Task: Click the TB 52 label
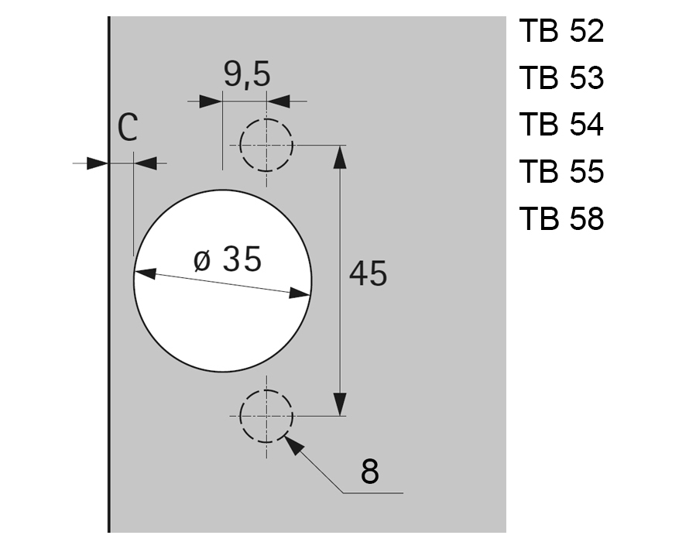click(561, 33)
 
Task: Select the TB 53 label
click(561, 79)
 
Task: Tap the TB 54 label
click(561, 125)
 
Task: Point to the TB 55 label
click(561, 171)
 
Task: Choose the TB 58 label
click(561, 218)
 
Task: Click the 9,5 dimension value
click(247, 75)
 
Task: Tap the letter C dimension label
click(129, 128)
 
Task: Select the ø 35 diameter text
click(228, 259)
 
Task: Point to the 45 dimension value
click(368, 273)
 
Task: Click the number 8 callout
click(370, 471)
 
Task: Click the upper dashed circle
click(266, 145)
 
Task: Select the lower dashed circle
click(266, 416)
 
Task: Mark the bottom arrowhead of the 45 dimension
click(339, 405)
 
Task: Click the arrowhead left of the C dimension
click(98, 163)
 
